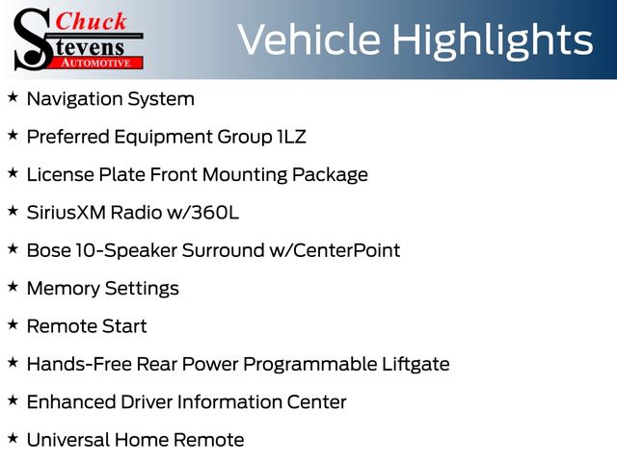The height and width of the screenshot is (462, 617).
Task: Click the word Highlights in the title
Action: [x=493, y=40]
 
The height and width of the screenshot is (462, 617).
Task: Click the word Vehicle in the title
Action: [x=309, y=38]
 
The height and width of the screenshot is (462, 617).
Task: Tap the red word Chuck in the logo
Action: [x=91, y=21]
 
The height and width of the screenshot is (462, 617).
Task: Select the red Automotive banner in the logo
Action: [x=95, y=63]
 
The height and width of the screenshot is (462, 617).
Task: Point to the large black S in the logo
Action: [x=33, y=40]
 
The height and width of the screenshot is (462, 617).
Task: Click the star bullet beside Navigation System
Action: [x=13, y=96]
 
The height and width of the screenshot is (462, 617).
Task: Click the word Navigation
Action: [x=75, y=99]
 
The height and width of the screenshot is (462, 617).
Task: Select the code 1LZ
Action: [x=291, y=137]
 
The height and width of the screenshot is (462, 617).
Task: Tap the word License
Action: [x=61, y=174]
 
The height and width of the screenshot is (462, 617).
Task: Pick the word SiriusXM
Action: [x=67, y=213]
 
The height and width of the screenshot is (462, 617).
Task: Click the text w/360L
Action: [x=203, y=213]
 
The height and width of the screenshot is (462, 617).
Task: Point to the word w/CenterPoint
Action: [x=335, y=250]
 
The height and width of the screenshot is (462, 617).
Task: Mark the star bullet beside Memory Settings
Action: [x=13, y=287]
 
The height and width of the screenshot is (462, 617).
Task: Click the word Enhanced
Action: [x=71, y=402]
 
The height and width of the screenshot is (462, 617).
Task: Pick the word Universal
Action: [x=68, y=440]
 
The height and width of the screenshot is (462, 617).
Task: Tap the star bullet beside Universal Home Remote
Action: [x=13, y=438]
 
